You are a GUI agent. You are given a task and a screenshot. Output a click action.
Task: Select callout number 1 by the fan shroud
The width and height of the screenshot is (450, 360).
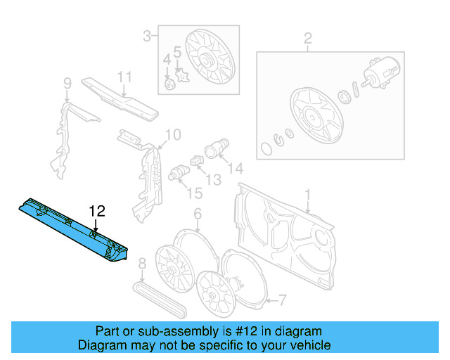tap(307, 194)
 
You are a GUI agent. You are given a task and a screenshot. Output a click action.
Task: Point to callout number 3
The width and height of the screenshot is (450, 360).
tap(147, 35)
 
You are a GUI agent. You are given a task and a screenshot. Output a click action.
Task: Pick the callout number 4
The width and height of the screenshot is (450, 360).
tap(167, 58)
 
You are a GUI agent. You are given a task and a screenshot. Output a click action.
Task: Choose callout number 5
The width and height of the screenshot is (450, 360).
tap(178, 51)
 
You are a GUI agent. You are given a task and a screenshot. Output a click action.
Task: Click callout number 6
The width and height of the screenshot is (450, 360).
tap(198, 213)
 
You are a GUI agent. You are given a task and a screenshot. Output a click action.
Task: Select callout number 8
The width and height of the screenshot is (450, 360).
tap(142, 265)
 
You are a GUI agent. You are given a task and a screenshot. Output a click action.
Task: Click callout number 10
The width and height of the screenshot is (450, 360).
tap(173, 134)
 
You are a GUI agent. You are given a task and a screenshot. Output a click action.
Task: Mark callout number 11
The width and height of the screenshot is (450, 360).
tap(124, 77)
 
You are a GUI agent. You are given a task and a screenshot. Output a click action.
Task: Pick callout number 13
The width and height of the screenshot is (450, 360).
tap(212, 180)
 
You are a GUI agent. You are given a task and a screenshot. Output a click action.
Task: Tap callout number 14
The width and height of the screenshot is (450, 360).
tap(236, 168)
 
